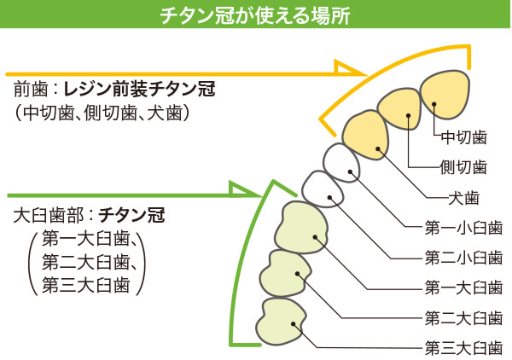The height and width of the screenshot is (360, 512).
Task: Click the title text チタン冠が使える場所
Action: pos(256,15)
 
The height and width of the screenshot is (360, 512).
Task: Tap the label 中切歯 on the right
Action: pos(463,136)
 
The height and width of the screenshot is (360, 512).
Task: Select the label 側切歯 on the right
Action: pos(463,166)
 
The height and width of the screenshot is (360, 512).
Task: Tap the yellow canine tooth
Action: pos(367,135)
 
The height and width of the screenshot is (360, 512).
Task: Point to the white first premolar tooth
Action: pos(341,162)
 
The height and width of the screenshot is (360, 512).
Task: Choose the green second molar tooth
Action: pos(288,272)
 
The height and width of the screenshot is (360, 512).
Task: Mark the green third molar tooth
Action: pos(284,321)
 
